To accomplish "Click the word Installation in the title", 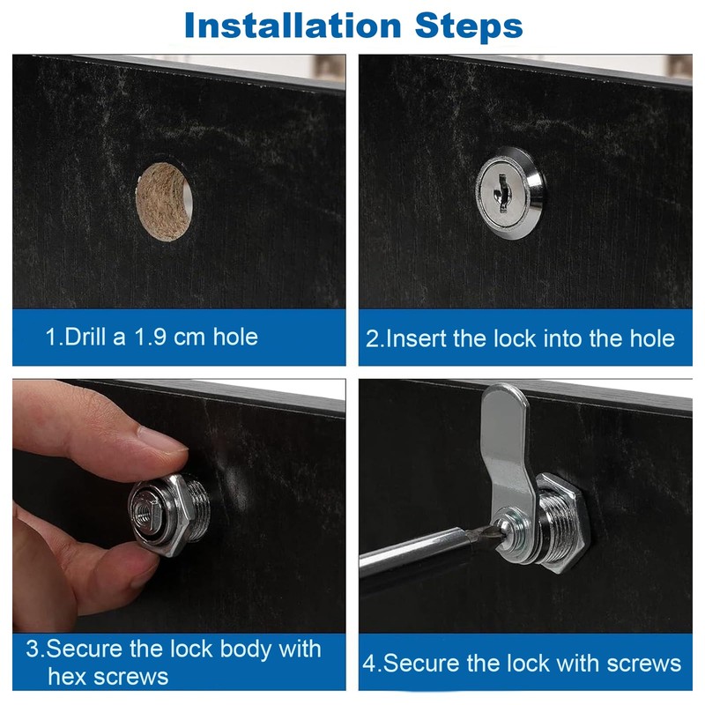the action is [x=293, y=26].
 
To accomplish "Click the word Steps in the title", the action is [x=469, y=26].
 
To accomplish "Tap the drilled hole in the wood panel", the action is [x=165, y=203].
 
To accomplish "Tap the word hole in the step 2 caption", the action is [x=651, y=338].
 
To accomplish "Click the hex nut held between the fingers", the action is [x=167, y=516].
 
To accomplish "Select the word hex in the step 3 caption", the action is [x=70, y=677].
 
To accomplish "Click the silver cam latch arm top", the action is [x=504, y=400].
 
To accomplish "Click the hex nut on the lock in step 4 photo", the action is [x=563, y=523].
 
